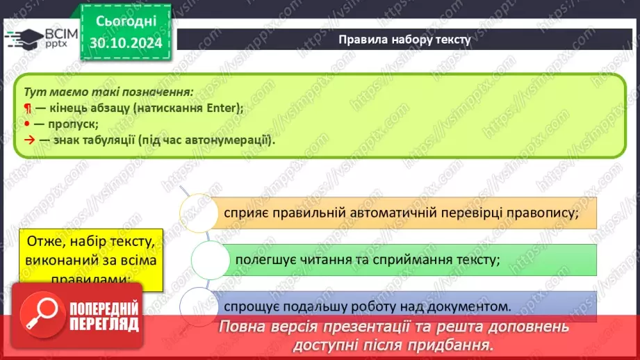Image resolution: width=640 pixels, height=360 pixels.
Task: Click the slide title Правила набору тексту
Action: click(x=404, y=40)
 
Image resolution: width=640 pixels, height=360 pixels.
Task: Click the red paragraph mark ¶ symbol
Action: click(x=27, y=108)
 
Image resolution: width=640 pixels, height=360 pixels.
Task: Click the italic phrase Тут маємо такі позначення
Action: click(x=108, y=92)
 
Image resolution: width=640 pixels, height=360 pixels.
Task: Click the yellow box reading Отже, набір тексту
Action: click(x=91, y=259)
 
